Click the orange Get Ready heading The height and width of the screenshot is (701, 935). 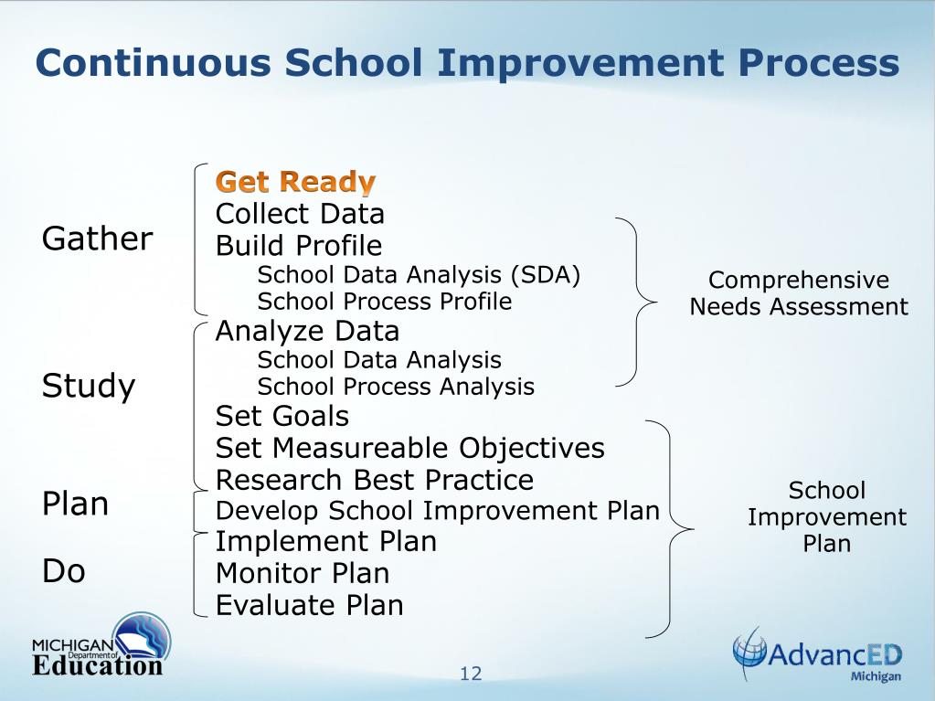tap(295, 181)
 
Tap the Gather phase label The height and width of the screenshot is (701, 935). tap(97, 239)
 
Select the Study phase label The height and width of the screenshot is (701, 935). tap(89, 386)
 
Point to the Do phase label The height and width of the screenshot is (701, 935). tap(64, 571)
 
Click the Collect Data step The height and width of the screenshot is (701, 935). tap(300, 214)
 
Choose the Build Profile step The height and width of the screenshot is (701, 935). tap(299, 246)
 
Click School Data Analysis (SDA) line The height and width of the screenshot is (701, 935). tap(419, 274)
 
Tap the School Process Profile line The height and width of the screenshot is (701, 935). tap(384, 301)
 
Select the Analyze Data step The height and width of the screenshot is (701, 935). tap(307, 330)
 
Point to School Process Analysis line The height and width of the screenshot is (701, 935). tap(396, 386)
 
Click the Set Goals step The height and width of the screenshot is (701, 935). tap(282, 417)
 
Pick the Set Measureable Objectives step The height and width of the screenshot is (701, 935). tap(409, 448)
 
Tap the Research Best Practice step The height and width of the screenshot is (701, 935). tap(375, 480)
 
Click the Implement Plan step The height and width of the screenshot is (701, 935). tap(325, 541)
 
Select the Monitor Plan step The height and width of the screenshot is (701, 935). tap(303, 573)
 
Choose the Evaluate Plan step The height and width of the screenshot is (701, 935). tap(309, 604)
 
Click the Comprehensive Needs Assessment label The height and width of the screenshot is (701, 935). tap(799, 293)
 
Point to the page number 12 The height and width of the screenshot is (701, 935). tap(471, 674)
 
